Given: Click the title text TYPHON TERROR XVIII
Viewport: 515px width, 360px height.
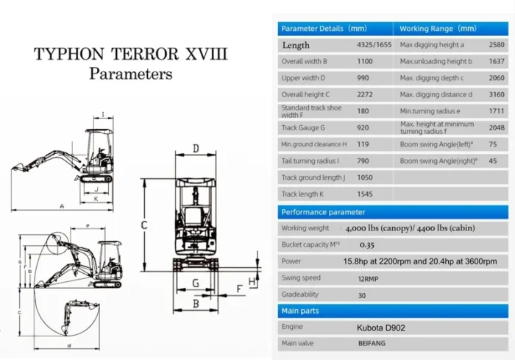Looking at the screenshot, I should coord(131,54).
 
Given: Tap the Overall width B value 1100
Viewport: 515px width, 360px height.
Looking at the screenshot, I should coord(365,62).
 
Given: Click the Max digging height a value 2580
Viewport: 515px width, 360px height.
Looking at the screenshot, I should coord(497,45).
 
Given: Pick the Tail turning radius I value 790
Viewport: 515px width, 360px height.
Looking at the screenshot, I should coord(363,160).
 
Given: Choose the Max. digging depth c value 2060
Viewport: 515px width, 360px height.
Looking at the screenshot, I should coord(497,78).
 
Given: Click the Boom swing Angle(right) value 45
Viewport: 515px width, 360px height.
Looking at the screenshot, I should coord(492,160).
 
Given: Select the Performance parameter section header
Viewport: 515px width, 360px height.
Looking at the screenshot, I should coord(323,212).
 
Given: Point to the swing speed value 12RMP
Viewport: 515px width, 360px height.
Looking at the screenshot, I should coord(369,278).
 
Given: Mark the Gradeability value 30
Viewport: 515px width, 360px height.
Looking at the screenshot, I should coord(363,294).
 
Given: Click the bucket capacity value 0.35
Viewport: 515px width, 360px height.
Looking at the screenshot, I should coord(366,244).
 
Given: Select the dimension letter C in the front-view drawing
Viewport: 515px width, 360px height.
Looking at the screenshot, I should coord(145,225).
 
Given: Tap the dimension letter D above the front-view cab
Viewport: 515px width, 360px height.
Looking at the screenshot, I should coord(196,149).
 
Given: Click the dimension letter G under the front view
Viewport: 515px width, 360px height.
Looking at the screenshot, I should coord(196,283).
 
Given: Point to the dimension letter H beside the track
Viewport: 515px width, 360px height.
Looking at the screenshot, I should coord(252,282).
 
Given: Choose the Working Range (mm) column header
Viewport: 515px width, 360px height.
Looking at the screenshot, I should coord(438,29).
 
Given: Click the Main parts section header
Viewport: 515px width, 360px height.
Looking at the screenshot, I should coord(300,311).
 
